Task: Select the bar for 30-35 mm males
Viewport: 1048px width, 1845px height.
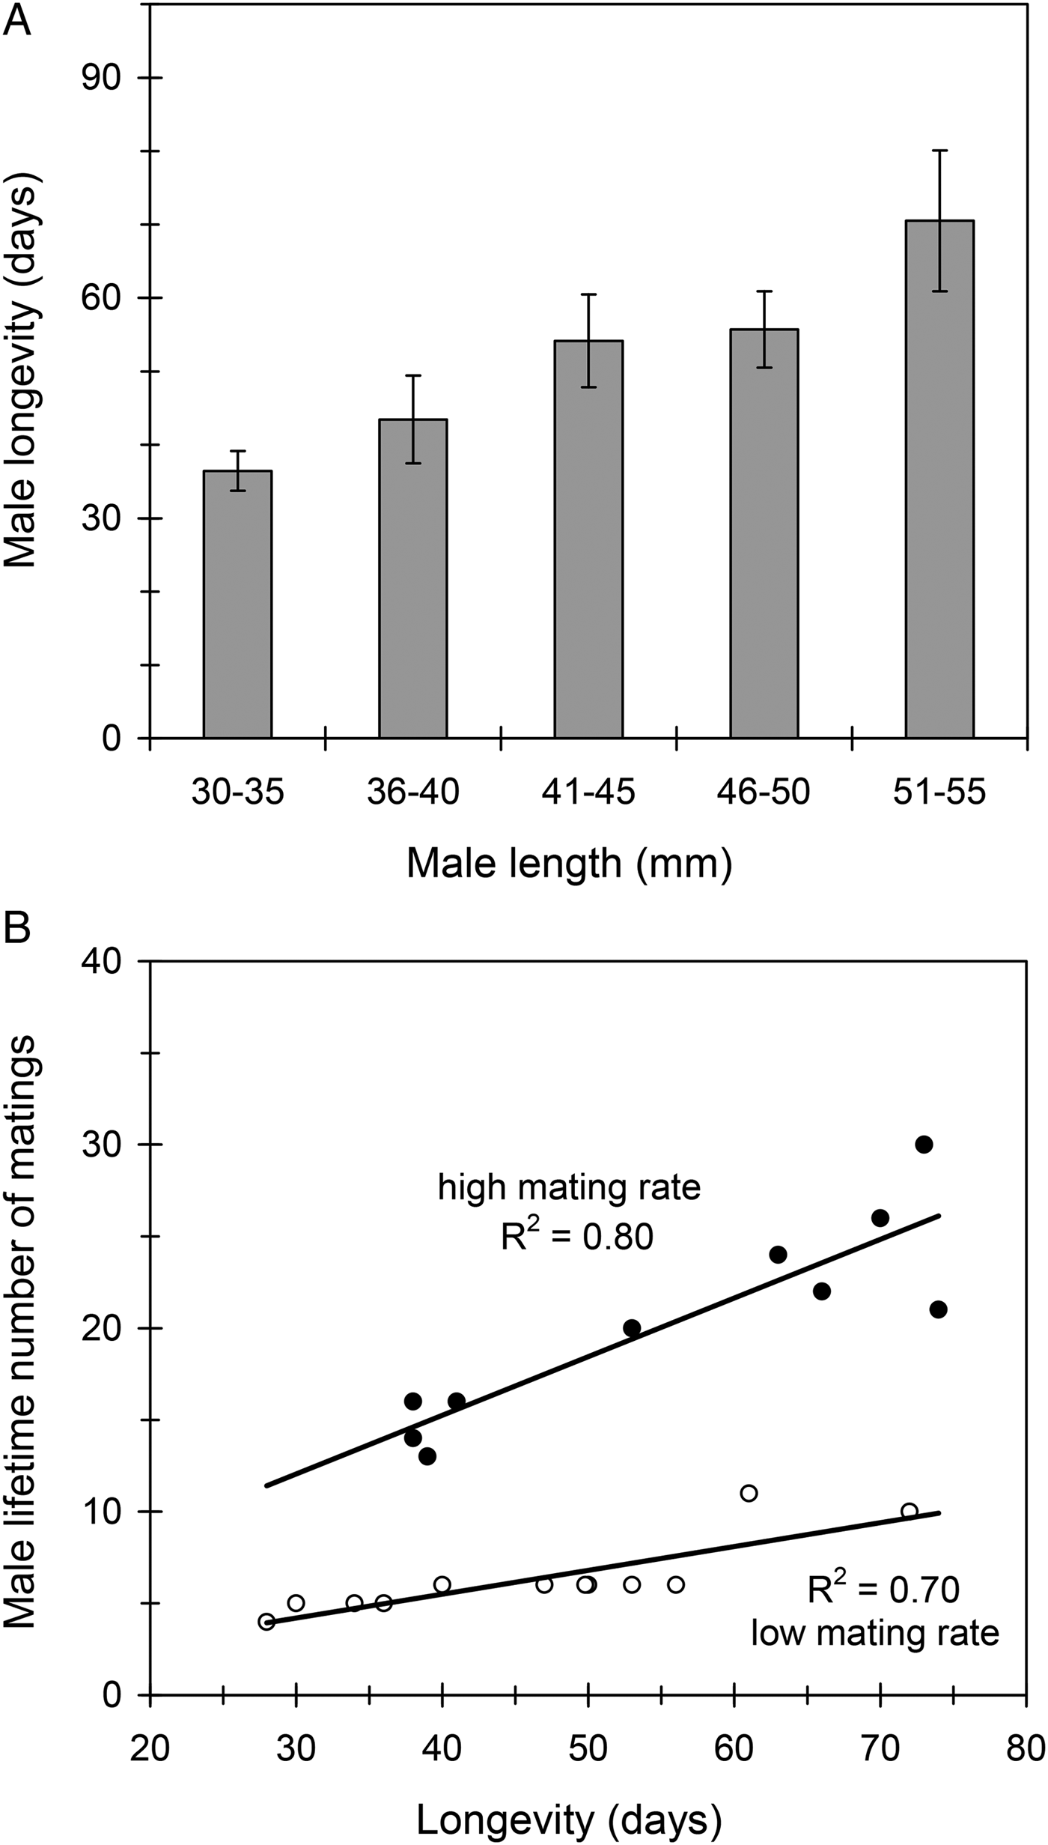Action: pos(237,604)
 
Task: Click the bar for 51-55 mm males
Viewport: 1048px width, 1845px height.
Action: pos(939,479)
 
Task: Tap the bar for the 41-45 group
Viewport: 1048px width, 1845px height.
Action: pos(588,539)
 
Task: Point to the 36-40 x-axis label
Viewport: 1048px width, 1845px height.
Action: pos(413,793)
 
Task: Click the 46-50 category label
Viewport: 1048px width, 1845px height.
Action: pos(764,793)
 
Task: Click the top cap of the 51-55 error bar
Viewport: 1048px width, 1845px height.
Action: pos(939,151)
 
